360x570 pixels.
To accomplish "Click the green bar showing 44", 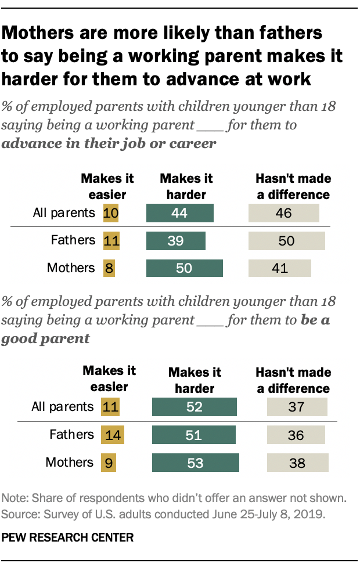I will (180, 213).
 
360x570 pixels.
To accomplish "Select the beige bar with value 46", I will (283, 213).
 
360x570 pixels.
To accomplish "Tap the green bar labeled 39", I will (177, 240).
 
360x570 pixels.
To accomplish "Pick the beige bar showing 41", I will (280, 268).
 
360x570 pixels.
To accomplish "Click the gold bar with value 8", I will (107, 268).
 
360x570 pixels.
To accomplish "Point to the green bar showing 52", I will (194, 406).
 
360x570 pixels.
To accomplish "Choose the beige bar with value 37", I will (296, 406).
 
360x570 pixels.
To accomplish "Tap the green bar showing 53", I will (195, 462).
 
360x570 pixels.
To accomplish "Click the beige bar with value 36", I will (296, 434).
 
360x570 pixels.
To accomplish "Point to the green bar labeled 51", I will (193, 434).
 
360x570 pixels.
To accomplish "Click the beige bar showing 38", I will (297, 462).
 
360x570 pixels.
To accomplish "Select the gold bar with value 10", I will (110, 213).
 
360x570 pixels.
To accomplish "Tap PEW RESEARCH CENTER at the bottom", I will (67, 537).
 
